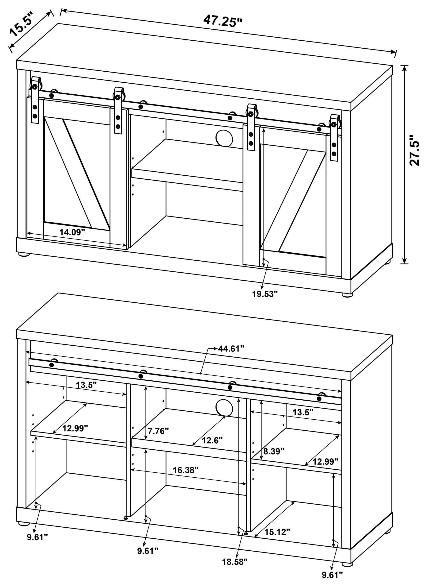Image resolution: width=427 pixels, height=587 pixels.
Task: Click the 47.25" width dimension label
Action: coord(223,21)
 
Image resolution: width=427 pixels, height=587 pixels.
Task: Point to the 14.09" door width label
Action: coord(72,232)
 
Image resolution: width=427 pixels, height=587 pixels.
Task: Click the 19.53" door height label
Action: coord(265,294)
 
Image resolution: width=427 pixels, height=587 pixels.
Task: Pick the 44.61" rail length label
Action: coord(231,349)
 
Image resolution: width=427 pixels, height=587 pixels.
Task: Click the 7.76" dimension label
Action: coord(158,431)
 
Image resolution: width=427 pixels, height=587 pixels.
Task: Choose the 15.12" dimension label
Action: coord(277,532)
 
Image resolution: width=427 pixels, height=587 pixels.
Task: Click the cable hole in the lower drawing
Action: coord(224,408)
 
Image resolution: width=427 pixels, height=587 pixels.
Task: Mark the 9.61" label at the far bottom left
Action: coord(38,537)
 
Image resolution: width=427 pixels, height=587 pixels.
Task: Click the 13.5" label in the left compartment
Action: coord(86,385)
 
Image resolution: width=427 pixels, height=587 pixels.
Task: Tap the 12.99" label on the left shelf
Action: coord(75,428)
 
